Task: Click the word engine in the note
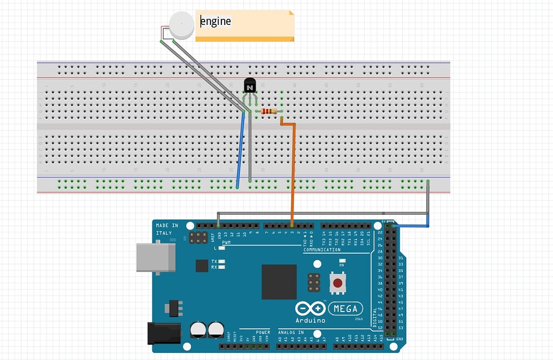tap(216, 22)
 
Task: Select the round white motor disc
tap(181, 25)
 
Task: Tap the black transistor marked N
tap(249, 86)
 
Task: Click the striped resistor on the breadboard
tap(269, 111)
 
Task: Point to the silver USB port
tap(156, 257)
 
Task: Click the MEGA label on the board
tap(346, 309)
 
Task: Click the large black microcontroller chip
tap(279, 281)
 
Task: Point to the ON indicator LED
tap(341, 260)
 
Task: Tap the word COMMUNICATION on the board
tap(322, 250)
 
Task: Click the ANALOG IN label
tap(291, 332)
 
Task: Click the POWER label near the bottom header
tap(263, 332)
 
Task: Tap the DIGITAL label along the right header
tap(375, 317)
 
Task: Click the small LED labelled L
tap(222, 248)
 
